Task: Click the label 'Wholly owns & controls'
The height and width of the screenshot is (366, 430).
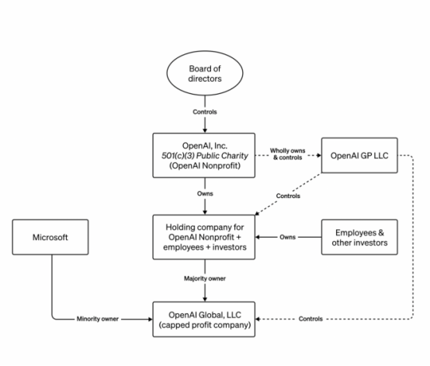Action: point(287,154)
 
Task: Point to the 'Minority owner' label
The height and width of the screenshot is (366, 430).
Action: point(97,319)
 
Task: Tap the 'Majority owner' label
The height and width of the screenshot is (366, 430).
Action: point(205,278)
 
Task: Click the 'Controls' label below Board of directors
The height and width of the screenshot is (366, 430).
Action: point(205,112)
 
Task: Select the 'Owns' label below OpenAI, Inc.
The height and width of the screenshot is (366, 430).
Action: point(205,193)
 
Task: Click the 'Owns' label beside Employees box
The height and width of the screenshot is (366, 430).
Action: point(287,237)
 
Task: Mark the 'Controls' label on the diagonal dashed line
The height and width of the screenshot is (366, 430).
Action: point(288,196)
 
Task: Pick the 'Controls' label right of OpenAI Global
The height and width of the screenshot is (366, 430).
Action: point(310,319)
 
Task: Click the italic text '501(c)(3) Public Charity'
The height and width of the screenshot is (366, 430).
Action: point(205,155)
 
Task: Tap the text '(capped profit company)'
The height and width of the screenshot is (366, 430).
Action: point(205,325)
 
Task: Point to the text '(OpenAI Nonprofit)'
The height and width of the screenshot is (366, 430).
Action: point(205,166)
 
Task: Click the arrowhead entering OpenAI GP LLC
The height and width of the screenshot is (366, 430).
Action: point(319,155)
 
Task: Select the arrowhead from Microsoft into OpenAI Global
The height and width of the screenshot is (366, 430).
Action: point(151,319)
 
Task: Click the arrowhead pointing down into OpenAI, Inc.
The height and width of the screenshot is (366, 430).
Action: point(205,131)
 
